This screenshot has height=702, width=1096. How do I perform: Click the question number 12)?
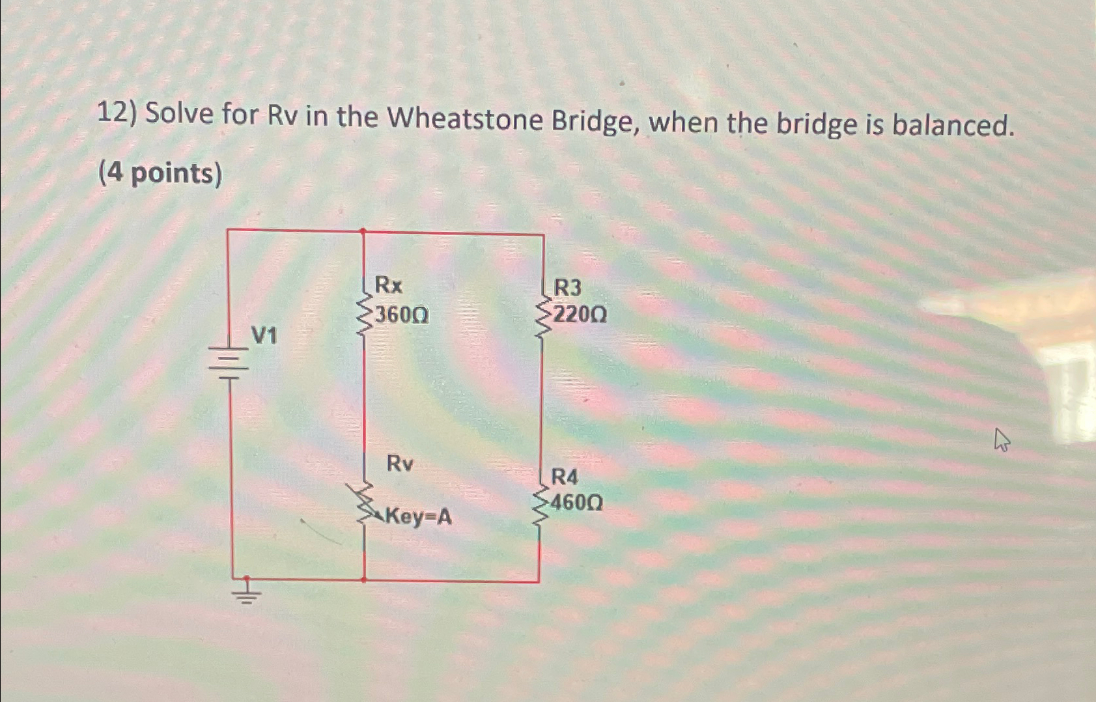point(117,114)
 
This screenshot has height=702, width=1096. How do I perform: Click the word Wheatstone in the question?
point(464,119)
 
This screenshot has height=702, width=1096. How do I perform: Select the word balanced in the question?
point(952,125)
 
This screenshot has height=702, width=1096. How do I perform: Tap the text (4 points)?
point(160,174)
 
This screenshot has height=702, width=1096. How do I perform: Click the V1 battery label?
point(264,336)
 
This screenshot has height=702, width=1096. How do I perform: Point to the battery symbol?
point(229,364)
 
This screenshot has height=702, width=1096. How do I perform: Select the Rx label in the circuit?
point(389,285)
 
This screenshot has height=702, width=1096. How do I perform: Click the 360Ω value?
point(402,316)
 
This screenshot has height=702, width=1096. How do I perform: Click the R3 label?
point(567,287)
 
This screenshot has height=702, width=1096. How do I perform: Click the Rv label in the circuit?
point(400,464)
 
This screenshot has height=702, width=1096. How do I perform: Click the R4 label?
point(564,477)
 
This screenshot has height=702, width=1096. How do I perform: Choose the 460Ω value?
point(576,503)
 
